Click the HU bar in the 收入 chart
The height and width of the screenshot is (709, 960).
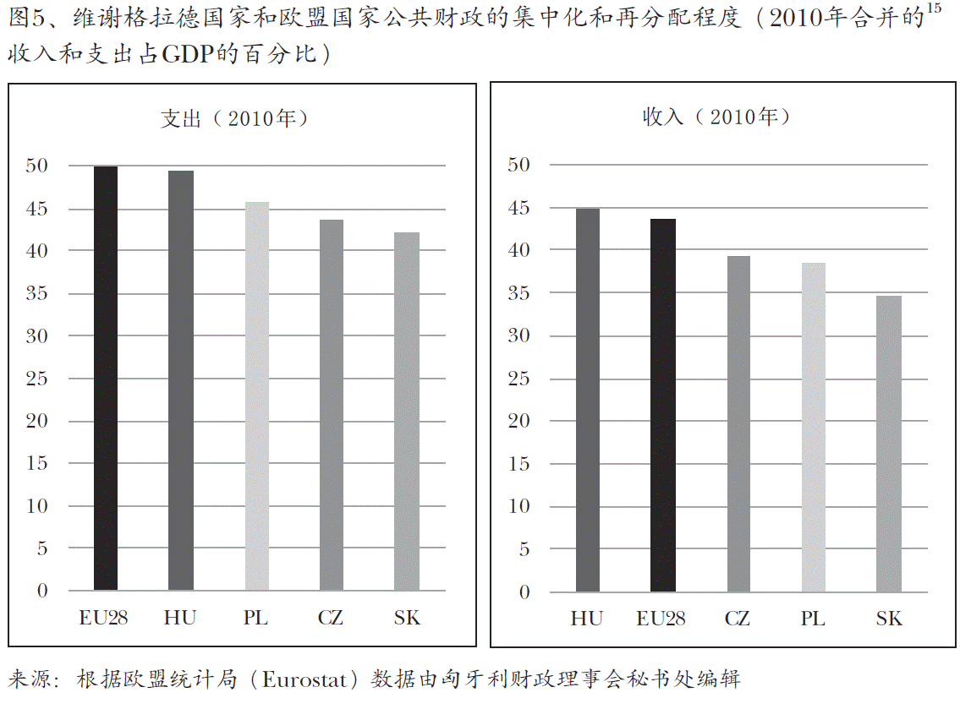[587, 400]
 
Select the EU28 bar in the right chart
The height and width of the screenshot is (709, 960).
[662, 405]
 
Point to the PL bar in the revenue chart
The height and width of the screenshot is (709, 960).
[813, 427]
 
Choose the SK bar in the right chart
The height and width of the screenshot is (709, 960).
[889, 444]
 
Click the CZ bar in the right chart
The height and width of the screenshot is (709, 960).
[738, 423]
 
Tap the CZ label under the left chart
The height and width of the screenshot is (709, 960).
[331, 618]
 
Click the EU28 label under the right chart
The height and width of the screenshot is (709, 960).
[661, 619]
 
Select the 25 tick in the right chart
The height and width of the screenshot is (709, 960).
[518, 379]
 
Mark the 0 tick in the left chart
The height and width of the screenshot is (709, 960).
[43, 591]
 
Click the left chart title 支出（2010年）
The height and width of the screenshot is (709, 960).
[235, 117]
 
